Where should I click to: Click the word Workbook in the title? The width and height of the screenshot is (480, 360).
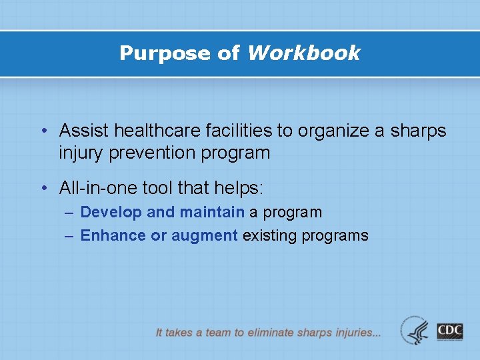click(303, 53)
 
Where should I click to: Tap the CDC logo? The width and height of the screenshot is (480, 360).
click(450, 331)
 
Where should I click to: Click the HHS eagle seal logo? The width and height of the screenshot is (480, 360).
click(416, 330)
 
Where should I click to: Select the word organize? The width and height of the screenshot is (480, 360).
click(329, 131)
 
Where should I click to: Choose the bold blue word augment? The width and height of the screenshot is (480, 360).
click(205, 235)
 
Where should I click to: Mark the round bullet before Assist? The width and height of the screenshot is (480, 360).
click(43, 131)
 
